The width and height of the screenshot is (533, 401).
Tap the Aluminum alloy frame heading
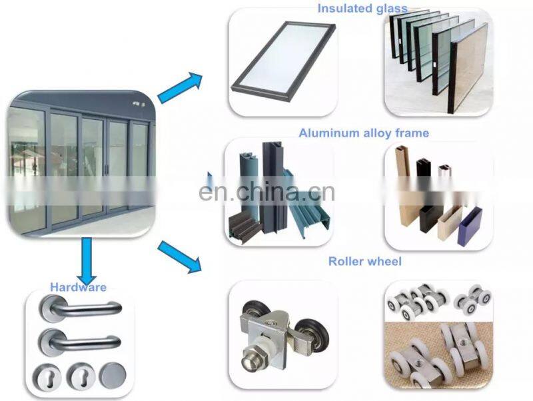(364, 133)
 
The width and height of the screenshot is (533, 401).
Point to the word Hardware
(78, 287)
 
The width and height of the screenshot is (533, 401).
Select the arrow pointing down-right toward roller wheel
(179, 257)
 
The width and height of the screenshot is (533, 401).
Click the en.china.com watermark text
(266, 192)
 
